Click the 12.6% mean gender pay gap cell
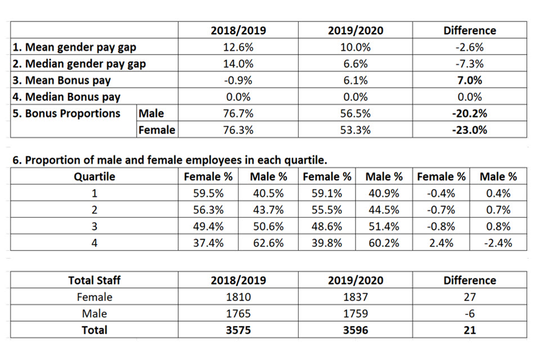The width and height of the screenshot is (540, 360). click(x=238, y=47)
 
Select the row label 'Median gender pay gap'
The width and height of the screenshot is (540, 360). click(x=79, y=64)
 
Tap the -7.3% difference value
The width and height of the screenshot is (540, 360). click(x=469, y=64)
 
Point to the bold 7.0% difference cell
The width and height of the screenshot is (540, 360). click(x=469, y=80)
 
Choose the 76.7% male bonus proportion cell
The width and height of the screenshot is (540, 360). click(x=238, y=113)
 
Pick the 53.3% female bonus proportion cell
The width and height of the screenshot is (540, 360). click(x=355, y=130)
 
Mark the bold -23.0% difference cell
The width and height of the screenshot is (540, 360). click(x=469, y=130)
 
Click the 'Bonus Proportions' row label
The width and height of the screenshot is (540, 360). click(x=66, y=113)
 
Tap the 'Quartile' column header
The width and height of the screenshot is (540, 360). click(x=94, y=177)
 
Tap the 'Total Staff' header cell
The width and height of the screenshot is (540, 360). click(x=94, y=280)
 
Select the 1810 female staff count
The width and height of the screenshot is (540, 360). click(x=238, y=297)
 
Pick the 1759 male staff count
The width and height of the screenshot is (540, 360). click(x=355, y=313)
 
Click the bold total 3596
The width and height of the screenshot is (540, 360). click(x=355, y=330)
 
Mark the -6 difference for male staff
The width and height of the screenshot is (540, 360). click(x=469, y=313)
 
